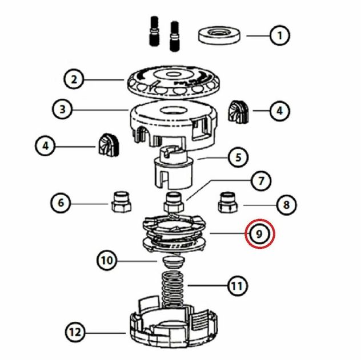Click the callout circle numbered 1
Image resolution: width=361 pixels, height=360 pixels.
tap(279, 35)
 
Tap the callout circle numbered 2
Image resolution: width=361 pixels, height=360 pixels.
tap(74, 79)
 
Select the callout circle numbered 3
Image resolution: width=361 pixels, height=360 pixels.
tap(62, 109)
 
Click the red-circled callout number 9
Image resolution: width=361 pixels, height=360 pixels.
tap(259, 234)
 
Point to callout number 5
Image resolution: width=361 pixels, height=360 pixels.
tap(238, 157)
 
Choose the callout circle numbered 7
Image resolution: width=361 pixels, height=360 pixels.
tap(261, 181)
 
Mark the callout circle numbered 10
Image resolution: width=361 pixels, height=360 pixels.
tap(107, 261)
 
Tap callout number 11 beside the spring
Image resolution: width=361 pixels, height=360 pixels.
tap(238, 286)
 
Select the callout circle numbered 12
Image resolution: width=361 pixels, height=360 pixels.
tap(75, 332)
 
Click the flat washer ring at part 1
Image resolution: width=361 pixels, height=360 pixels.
tap(219, 35)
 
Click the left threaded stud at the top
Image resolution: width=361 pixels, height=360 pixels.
tap(154, 31)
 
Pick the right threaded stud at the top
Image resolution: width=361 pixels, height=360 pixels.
tap(175, 37)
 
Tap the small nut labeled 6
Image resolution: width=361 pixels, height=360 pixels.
tap(121, 202)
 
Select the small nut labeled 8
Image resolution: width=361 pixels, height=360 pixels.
tap(228, 203)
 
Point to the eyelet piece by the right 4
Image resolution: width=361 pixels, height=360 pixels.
tap(238, 111)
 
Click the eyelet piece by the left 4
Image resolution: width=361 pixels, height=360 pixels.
tap(109, 145)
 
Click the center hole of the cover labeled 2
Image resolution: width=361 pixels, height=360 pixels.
tap(171, 74)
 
